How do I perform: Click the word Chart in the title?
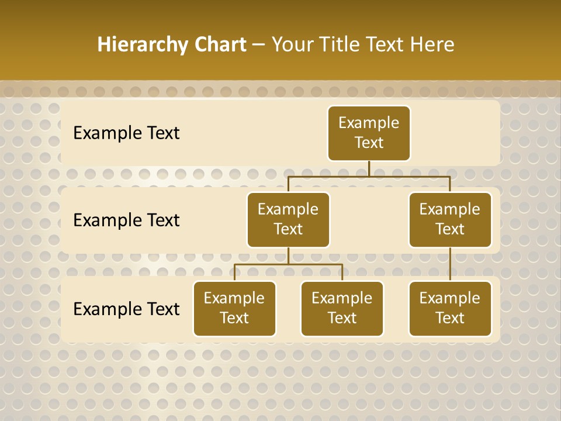[x=220, y=44]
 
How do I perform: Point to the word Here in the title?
[x=432, y=44]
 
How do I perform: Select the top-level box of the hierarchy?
[x=369, y=133]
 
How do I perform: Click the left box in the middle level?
[x=288, y=220]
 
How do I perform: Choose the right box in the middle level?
[x=450, y=220]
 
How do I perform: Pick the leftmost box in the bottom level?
[x=234, y=309]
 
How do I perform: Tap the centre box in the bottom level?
[x=342, y=309]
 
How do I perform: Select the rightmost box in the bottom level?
[x=450, y=309]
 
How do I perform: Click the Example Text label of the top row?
[x=126, y=133]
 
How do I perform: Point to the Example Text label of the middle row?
[x=126, y=220]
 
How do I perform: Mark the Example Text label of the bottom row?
[x=126, y=309]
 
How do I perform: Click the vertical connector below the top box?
[x=369, y=168]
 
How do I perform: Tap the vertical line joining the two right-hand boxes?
[x=450, y=264]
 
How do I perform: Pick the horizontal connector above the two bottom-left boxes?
[x=288, y=264]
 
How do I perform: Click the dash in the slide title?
[x=259, y=45]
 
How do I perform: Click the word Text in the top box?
[x=369, y=143]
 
